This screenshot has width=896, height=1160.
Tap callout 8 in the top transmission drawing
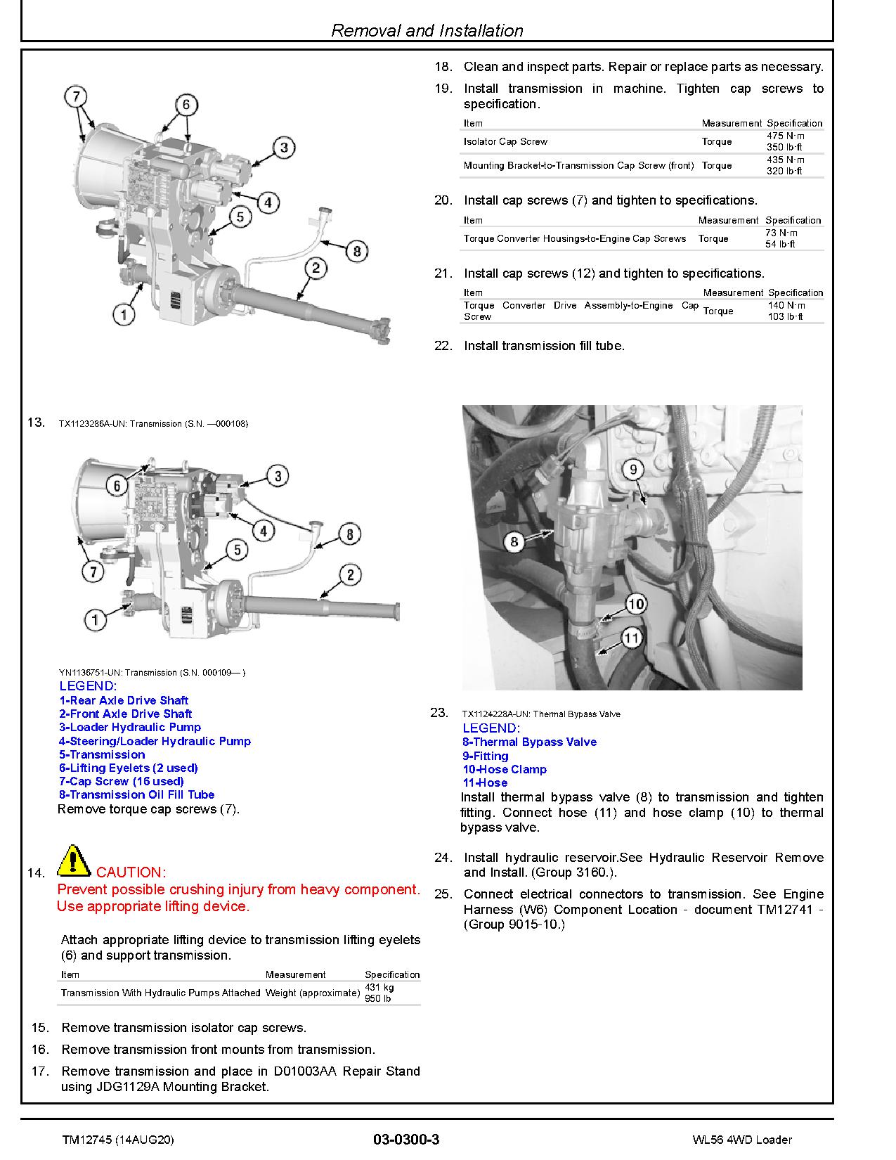tap(356, 251)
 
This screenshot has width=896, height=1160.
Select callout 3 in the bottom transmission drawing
tap(278, 476)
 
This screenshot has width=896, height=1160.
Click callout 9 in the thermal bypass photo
tap(632, 470)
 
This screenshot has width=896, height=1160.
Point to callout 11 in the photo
tap(632, 638)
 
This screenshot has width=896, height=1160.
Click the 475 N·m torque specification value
tap(786, 136)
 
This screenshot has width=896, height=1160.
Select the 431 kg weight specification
tap(379, 987)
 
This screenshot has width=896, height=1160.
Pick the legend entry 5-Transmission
tap(102, 754)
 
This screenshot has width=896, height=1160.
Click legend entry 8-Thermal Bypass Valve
tap(529, 742)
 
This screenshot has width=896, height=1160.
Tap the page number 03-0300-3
tap(406, 1140)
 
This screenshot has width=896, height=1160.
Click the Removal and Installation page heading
tap(427, 30)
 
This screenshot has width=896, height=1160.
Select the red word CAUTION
tap(131, 872)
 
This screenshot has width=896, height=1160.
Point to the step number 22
tap(443, 346)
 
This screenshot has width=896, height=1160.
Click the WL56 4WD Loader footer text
tap(741, 1140)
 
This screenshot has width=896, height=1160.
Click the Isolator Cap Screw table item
tap(505, 141)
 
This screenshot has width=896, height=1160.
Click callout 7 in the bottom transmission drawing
tap(93, 572)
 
